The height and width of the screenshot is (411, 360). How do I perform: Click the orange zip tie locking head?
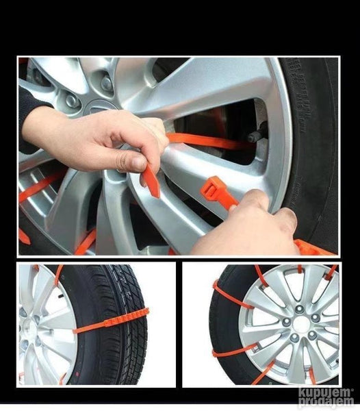pyautogui.click(x=211, y=188)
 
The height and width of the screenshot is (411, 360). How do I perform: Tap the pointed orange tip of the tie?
pyautogui.click(x=156, y=195)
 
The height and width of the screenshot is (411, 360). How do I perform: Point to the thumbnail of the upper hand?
pyautogui.click(x=139, y=164)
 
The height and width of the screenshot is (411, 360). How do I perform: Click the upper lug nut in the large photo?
pyautogui.click(x=107, y=84)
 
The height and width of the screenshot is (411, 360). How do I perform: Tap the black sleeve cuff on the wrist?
pyautogui.click(x=30, y=119)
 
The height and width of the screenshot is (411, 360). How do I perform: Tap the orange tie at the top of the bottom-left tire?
pyautogui.click(x=58, y=276)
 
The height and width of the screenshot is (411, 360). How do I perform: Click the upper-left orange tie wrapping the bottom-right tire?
pyautogui.click(x=231, y=294)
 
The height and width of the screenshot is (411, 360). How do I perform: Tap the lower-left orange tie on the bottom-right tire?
pyautogui.click(x=234, y=351)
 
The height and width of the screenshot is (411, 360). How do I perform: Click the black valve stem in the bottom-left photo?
pyautogui.click(x=61, y=296)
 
